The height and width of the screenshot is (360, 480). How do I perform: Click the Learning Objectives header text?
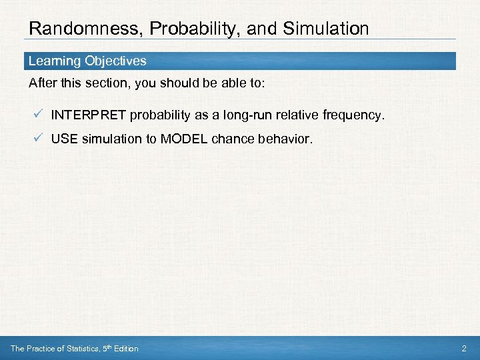(87, 61)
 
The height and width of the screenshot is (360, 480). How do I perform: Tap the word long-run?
(247, 115)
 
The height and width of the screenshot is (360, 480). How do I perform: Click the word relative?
(296, 115)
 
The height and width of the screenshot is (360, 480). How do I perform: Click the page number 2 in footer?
(465, 349)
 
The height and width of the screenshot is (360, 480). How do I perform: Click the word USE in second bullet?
(63, 139)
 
